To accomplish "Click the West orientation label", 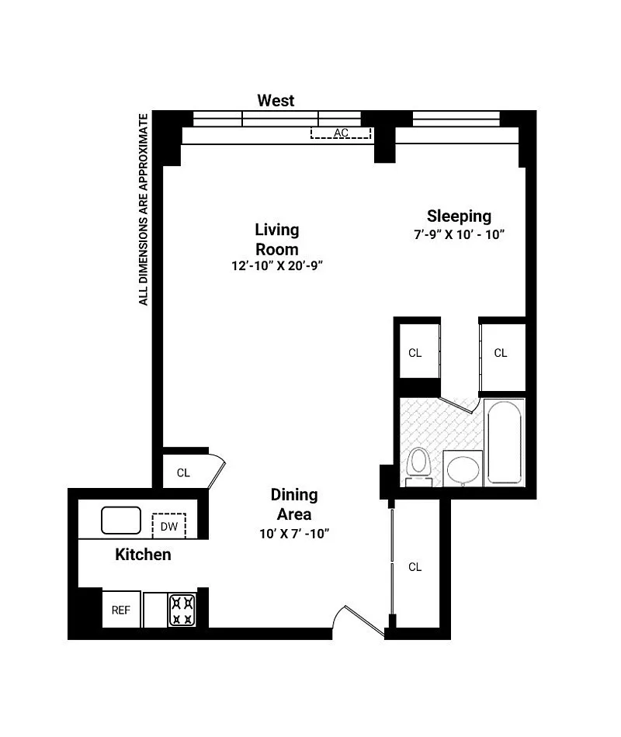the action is [x=276, y=100].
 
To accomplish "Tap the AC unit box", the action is [x=341, y=133].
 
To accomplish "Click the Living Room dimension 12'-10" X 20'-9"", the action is [x=276, y=265].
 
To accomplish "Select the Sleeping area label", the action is [x=459, y=216].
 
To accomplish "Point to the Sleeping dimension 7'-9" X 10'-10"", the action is [x=459, y=234].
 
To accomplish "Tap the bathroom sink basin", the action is [x=463, y=469].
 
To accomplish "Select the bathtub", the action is [x=505, y=442].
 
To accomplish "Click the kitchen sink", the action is [x=121, y=520].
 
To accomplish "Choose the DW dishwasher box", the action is [x=169, y=526].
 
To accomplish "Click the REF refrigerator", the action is [x=121, y=610].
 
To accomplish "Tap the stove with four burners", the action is [x=182, y=610].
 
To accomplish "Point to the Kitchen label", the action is [x=143, y=555].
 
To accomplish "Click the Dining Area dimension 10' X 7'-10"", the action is [x=294, y=534].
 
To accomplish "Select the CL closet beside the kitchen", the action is [x=183, y=472].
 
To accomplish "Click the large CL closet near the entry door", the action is [x=415, y=567].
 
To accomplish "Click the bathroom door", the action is [x=456, y=405].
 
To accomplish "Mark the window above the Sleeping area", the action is [x=456, y=119].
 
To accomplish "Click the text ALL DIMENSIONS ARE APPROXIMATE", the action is [x=144, y=209].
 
